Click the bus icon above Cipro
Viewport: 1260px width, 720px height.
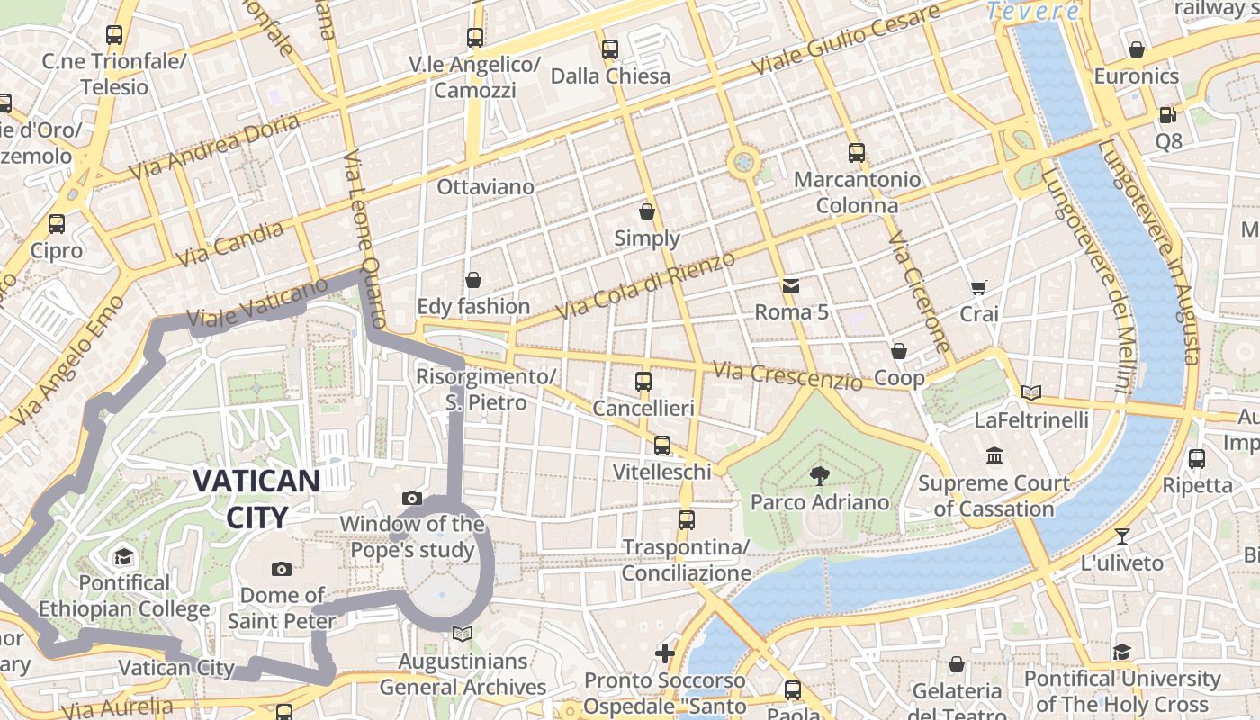pyautogui.click(x=57, y=223)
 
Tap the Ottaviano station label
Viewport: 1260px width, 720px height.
pyautogui.click(x=485, y=187)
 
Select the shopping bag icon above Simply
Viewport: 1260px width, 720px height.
pyautogui.click(x=646, y=211)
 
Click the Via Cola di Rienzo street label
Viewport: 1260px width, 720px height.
pyautogui.click(x=645, y=285)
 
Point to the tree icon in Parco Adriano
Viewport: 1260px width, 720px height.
pyautogui.click(x=819, y=474)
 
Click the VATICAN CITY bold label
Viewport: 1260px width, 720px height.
pyautogui.click(x=256, y=499)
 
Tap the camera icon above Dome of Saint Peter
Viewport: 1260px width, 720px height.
pyautogui.click(x=282, y=569)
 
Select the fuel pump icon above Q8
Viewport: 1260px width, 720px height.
pyautogui.click(x=1167, y=114)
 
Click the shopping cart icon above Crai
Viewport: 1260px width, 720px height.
pyautogui.click(x=979, y=288)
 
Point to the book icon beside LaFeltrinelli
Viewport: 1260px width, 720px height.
pyautogui.click(x=1031, y=392)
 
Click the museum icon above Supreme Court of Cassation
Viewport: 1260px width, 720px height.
pyautogui.click(x=994, y=455)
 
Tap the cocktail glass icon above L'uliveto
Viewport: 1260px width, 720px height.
pyautogui.click(x=1121, y=536)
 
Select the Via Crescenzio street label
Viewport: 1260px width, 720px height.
pyautogui.click(x=787, y=375)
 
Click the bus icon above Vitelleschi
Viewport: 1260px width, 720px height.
pyautogui.click(x=662, y=445)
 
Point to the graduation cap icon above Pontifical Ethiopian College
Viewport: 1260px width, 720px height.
pyautogui.click(x=123, y=556)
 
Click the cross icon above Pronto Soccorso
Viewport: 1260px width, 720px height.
pyautogui.click(x=665, y=652)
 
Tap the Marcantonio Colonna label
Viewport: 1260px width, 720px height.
pyautogui.click(x=857, y=193)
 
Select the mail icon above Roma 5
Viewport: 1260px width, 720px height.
pyautogui.click(x=790, y=286)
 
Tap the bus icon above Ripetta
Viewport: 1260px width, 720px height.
pyautogui.click(x=1197, y=458)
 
